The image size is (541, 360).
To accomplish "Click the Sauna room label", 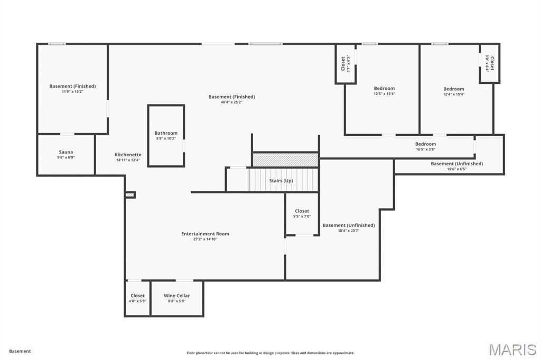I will pos(66,152).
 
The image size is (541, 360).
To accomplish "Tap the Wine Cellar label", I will pos(176,296).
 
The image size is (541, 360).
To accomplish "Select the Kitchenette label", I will pos(128,155).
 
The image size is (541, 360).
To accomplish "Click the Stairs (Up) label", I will pos(281,181).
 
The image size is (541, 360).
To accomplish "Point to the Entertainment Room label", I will pos(205,234).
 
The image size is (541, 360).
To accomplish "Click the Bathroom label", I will pos(166,134).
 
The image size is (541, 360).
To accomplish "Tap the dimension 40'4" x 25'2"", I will pos(231,102).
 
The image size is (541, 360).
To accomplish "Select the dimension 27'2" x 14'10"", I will pos(205,239).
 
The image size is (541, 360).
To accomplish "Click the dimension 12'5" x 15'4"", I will pos(384,94).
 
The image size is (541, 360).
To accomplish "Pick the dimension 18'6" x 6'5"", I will pos(456,169).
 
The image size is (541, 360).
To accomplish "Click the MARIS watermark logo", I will pos(512,349).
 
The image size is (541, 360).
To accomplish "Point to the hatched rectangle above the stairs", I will pos(285,159).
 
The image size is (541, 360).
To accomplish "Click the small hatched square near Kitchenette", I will pos(130,195).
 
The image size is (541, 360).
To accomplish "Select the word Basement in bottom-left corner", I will pos(20,351).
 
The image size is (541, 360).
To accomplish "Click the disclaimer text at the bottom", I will pos(270,353).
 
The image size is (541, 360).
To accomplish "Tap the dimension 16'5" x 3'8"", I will pos(425,149).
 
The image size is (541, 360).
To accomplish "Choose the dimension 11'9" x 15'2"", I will pos(72,92).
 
